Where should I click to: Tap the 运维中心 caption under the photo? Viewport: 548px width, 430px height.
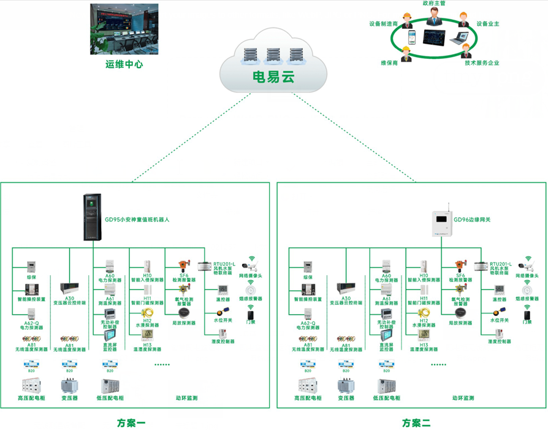pyautogui.click(x=124, y=64)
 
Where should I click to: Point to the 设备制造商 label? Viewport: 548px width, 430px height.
pyautogui.click(x=383, y=24)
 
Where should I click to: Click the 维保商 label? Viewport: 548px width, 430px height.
pyautogui.click(x=390, y=63)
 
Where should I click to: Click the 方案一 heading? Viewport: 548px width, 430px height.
pyautogui.click(x=131, y=423)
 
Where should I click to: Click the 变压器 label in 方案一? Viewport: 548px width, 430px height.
pyautogui.click(x=69, y=398)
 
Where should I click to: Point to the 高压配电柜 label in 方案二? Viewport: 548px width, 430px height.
pyautogui.click(x=311, y=398)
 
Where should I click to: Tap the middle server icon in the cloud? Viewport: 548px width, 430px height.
pyautogui.click(x=273, y=55)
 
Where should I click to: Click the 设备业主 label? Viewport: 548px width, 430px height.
pyautogui.click(x=488, y=24)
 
